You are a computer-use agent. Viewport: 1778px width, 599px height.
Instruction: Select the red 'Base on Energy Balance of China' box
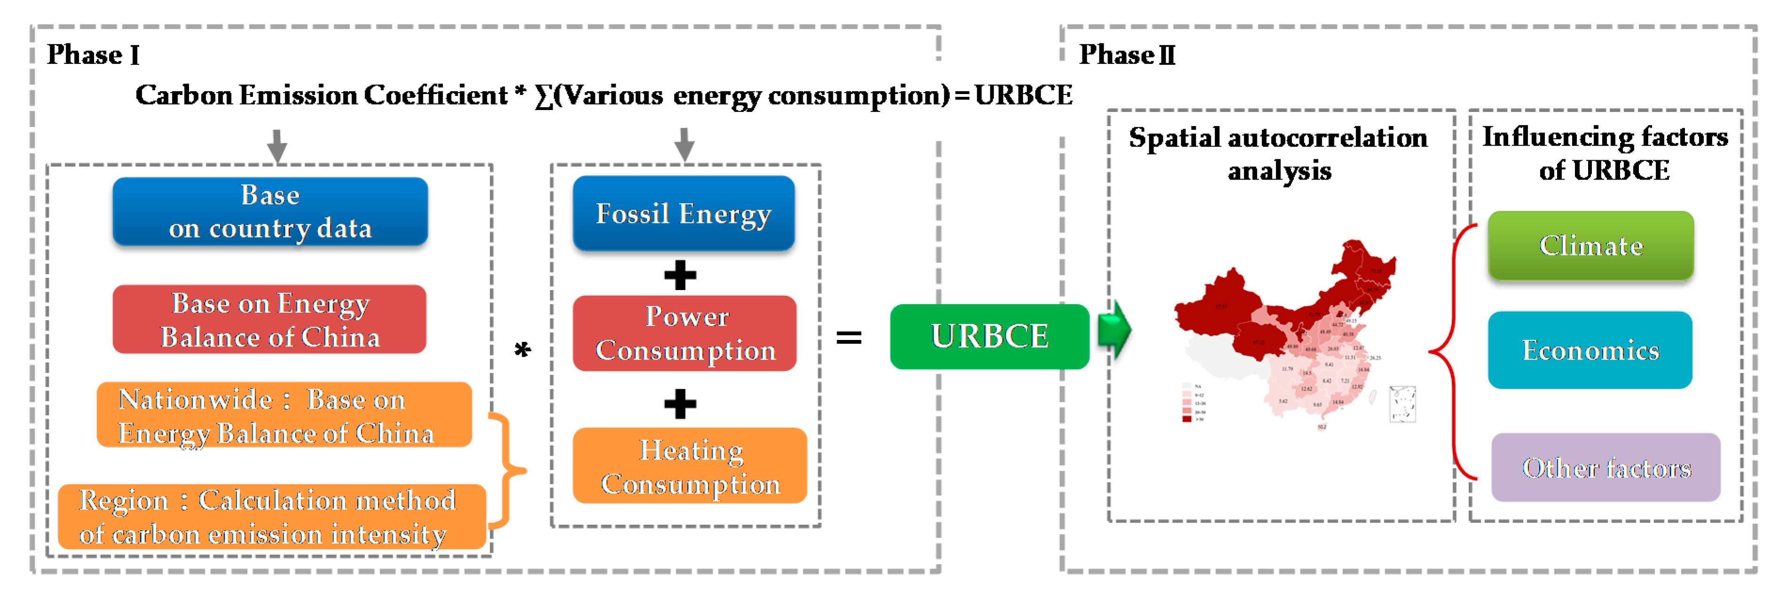click(270, 320)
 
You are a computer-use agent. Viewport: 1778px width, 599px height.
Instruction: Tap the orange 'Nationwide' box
click(284, 416)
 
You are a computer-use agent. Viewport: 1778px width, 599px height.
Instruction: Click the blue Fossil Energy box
click(683, 213)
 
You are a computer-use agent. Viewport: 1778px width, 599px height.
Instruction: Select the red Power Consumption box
click(685, 333)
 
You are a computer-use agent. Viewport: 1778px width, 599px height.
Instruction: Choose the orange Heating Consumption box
click(689, 466)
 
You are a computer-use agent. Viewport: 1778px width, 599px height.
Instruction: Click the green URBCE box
click(989, 337)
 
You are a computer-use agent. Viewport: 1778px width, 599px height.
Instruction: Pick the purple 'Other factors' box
click(1606, 468)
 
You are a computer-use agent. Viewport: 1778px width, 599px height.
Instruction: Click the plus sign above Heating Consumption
click(680, 404)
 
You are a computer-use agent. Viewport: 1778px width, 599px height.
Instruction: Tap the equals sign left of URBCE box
click(848, 338)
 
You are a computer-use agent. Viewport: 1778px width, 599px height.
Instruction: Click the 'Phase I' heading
click(93, 55)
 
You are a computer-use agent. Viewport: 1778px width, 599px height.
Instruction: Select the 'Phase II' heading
click(1127, 55)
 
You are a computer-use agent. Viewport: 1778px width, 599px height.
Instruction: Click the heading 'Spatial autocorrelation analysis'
click(1278, 153)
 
